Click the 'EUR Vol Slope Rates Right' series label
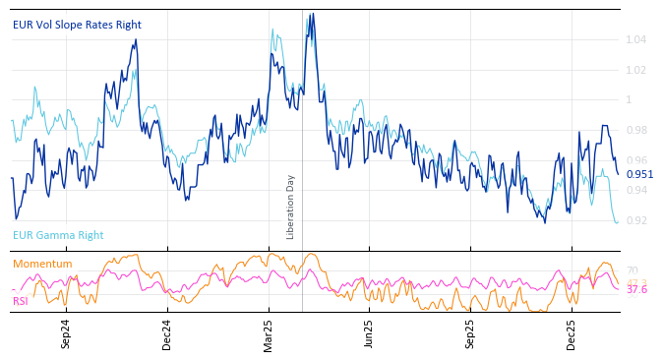(x=77, y=25)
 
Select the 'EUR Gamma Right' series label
(x=58, y=235)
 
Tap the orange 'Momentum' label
(x=42, y=264)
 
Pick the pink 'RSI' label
(x=20, y=300)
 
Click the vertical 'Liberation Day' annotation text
(x=290, y=207)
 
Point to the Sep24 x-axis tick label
(x=66, y=334)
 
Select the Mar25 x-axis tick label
(x=268, y=334)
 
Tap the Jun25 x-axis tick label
(x=369, y=334)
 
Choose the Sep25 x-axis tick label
(x=470, y=334)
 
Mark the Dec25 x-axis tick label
(x=572, y=334)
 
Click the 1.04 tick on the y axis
(x=637, y=39)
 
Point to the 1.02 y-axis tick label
(x=637, y=70)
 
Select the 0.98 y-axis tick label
(x=637, y=130)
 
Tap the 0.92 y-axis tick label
(x=637, y=220)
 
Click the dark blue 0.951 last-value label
(x=639, y=174)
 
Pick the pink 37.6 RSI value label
(x=637, y=289)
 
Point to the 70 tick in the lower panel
(x=633, y=270)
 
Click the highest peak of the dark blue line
(x=313, y=14)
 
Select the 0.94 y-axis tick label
(x=637, y=190)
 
